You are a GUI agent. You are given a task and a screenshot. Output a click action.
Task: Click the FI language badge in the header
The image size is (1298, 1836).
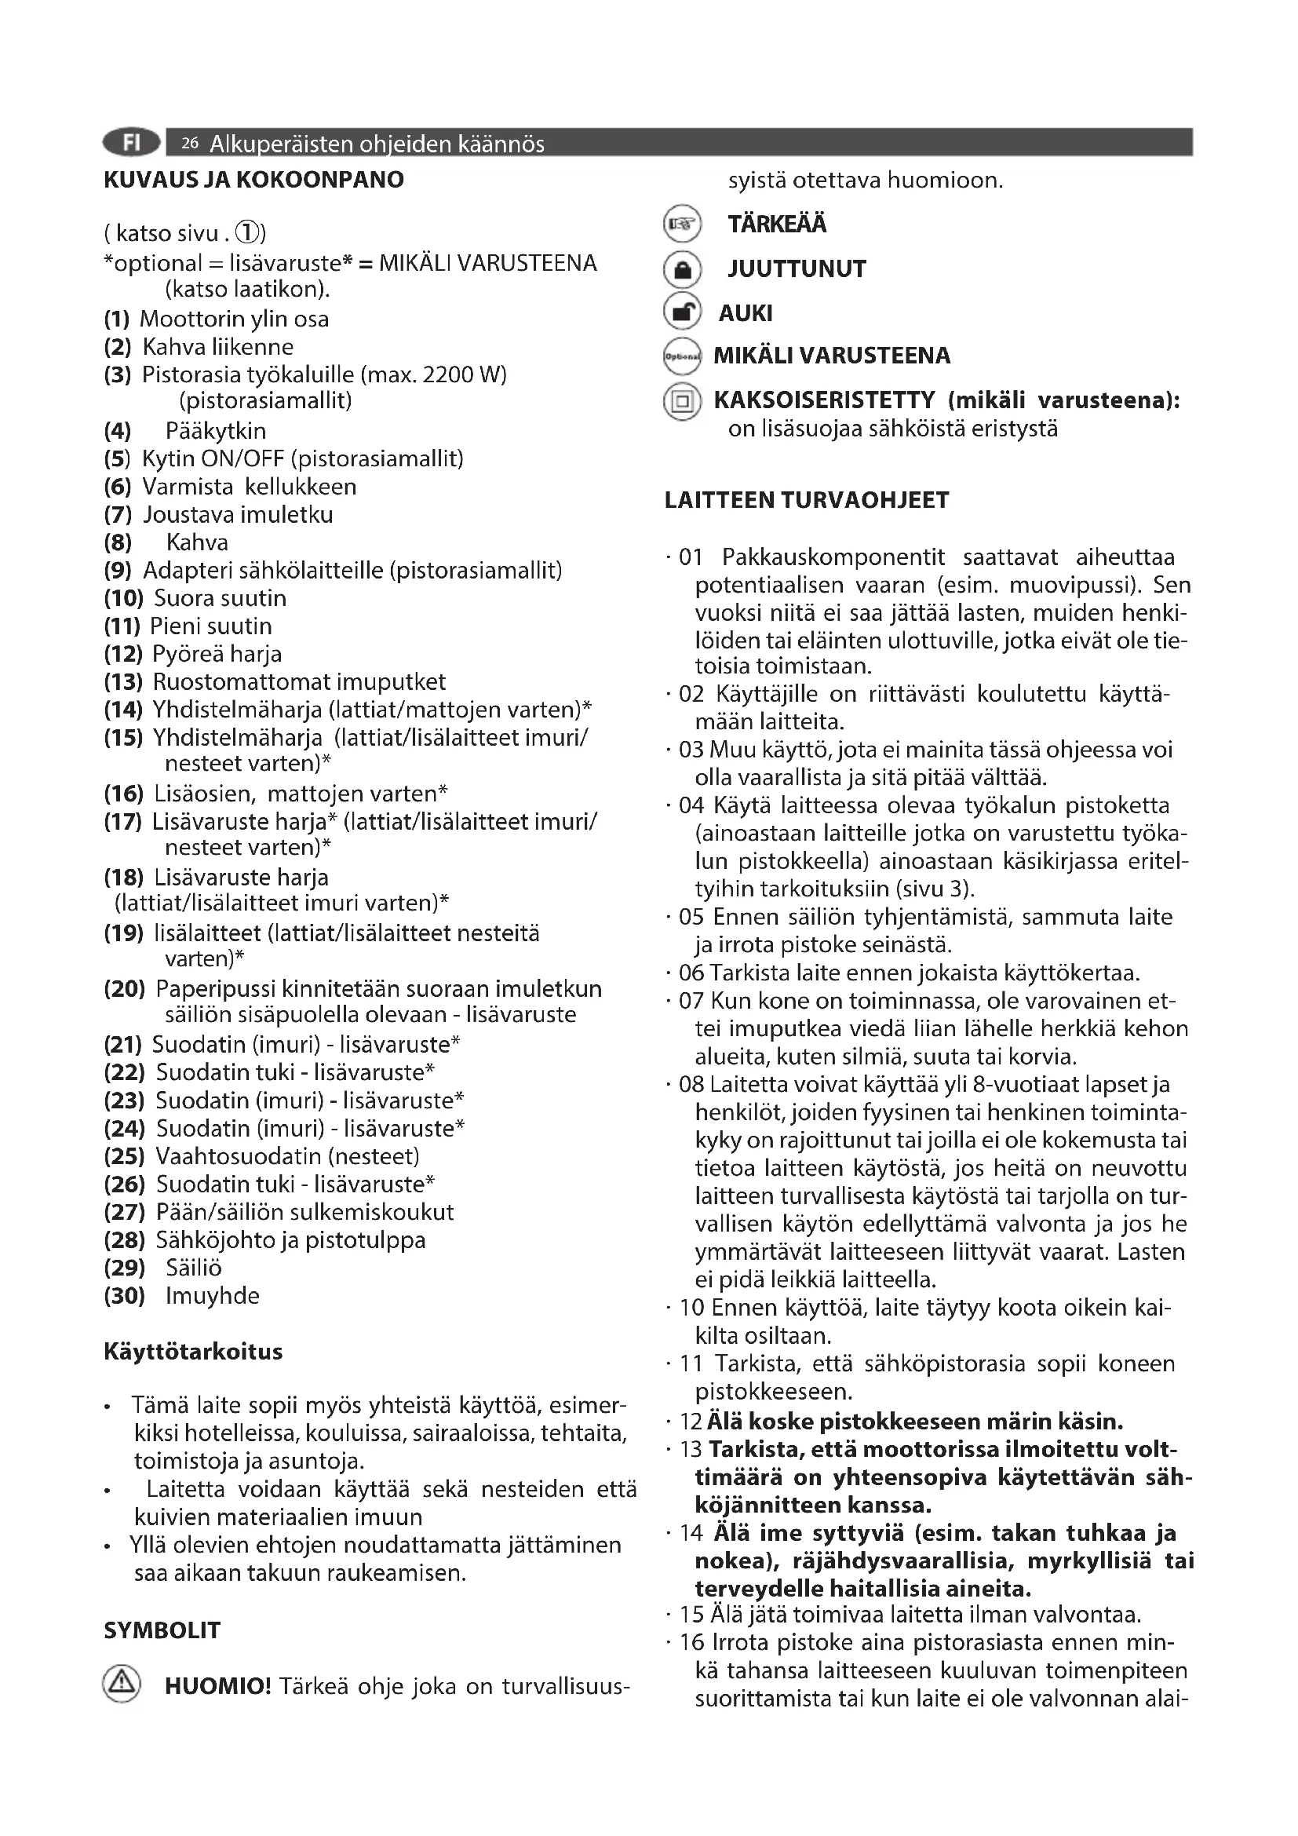click(131, 142)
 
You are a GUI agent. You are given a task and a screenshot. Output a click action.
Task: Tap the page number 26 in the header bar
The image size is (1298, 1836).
click(189, 144)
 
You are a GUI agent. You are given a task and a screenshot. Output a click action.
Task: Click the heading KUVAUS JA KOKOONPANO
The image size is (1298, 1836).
click(253, 179)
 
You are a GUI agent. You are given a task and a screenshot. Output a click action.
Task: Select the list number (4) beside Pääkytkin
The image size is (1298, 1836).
click(118, 431)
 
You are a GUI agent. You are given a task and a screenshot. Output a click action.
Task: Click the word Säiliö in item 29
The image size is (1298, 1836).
click(193, 1268)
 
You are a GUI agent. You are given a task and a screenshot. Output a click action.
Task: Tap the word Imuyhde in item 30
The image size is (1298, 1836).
click(212, 1295)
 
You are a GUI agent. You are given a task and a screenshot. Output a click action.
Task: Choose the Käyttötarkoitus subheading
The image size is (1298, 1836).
click(192, 1352)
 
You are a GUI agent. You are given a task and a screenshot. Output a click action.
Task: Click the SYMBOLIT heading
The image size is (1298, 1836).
click(162, 1630)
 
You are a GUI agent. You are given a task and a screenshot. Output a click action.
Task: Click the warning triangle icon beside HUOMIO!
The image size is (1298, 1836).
click(122, 1685)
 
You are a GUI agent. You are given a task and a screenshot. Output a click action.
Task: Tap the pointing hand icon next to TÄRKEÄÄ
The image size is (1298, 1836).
click(682, 224)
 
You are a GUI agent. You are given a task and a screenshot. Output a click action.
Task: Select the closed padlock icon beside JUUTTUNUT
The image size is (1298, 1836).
click(682, 269)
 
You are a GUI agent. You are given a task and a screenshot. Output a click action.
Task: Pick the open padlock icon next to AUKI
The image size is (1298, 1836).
click(682, 312)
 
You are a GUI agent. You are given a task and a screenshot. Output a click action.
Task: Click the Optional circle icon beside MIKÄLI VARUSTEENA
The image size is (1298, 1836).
click(682, 356)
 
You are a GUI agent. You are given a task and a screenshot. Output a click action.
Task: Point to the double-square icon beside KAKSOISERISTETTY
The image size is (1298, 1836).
click(682, 401)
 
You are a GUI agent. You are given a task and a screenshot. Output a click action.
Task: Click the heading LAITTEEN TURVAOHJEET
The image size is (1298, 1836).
click(807, 501)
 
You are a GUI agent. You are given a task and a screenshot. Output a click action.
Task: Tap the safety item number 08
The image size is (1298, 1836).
click(691, 1084)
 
